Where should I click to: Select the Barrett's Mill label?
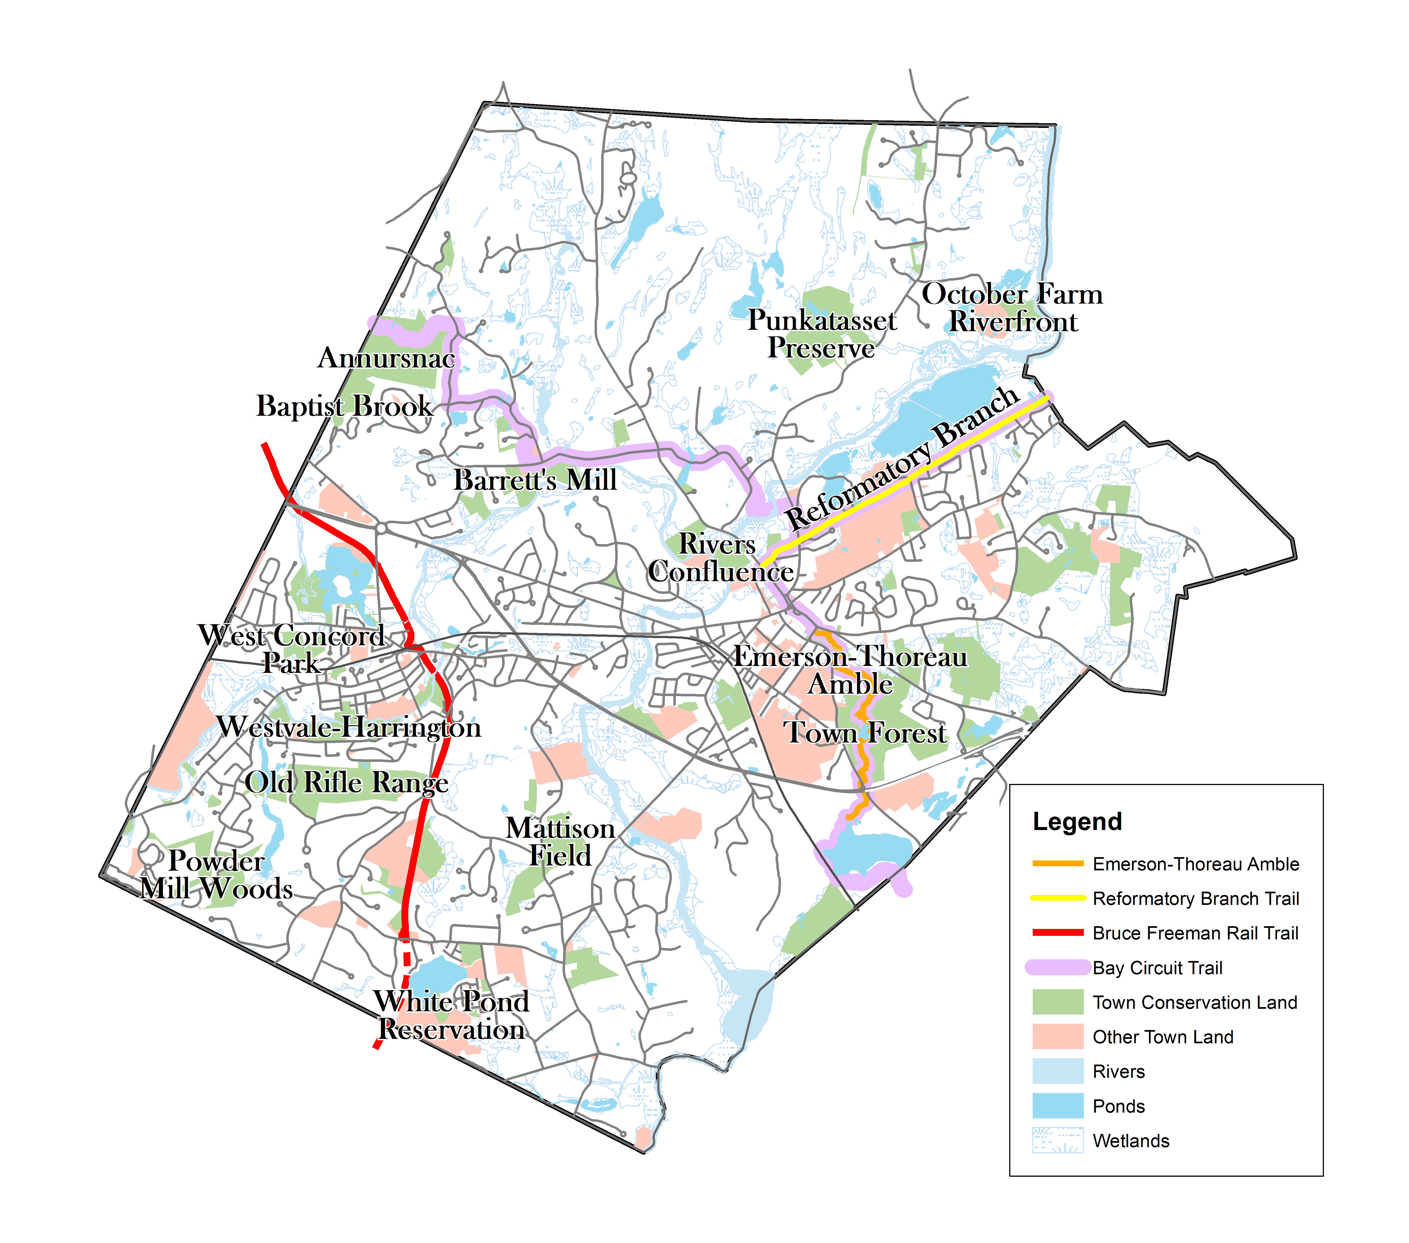535,480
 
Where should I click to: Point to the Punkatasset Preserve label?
822,334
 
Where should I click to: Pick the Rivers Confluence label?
720,558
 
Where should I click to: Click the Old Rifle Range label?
347,783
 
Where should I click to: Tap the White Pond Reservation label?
451,1016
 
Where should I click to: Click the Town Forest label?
865,733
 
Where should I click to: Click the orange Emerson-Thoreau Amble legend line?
1057,863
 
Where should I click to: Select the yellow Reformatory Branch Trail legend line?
1057,898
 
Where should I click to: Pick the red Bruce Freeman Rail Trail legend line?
1057,932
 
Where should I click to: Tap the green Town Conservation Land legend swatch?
1057,1002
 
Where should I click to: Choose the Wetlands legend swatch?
1057,1140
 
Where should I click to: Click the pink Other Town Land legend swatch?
1057,1036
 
